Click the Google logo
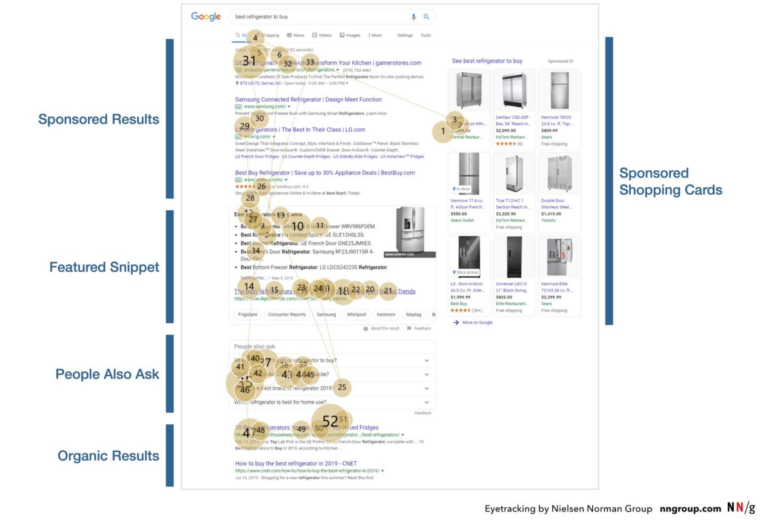click(x=206, y=16)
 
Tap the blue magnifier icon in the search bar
click(x=426, y=17)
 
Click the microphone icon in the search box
click(x=413, y=17)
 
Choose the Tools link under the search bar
click(x=425, y=35)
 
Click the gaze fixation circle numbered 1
click(x=443, y=131)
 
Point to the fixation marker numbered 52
click(x=330, y=421)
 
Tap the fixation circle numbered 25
click(x=342, y=387)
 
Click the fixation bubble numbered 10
click(x=297, y=226)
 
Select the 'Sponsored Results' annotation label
click(x=99, y=119)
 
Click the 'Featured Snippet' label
click(x=104, y=267)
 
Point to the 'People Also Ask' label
click(x=107, y=374)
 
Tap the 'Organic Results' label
click(x=108, y=456)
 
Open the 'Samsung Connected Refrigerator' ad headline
click(x=308, y=99)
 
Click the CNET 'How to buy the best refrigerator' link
click(x=296, y=463)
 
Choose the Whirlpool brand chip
click(x=356, y=314)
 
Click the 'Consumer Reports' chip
click(x=287, y=314)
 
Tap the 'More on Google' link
click(x=477, y=322)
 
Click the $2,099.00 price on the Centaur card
click(x=506, y=130)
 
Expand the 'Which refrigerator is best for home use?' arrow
click(x=426, y=402)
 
